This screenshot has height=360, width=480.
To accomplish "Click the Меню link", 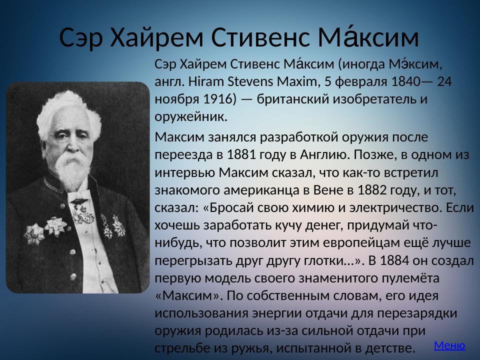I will click(449, 345).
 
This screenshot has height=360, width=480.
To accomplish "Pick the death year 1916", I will click(212, 99).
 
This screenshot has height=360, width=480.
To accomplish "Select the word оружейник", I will click(191, 116).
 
